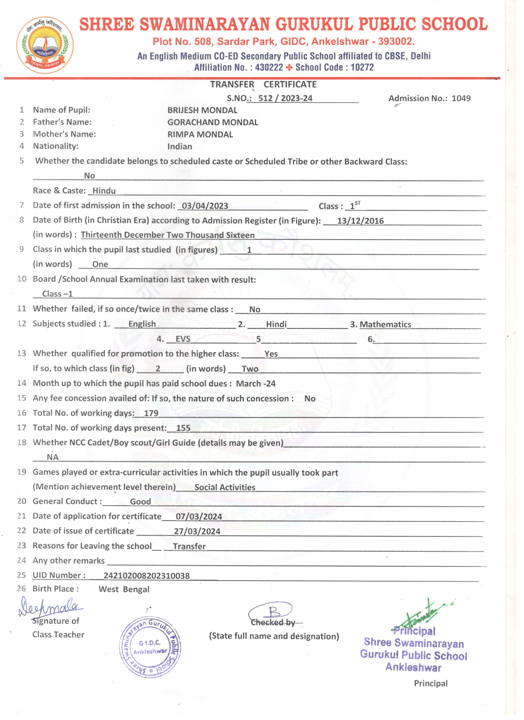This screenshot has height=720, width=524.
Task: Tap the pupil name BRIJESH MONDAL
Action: pos(202,110)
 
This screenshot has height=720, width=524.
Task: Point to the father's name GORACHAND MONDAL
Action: pos(213,122)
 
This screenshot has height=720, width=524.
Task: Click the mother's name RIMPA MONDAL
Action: pos(200,134)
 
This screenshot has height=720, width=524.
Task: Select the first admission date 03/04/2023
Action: pos(205,206)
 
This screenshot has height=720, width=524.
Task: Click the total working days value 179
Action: pos(151,413)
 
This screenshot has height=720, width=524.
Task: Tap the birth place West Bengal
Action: pos(124,589)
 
